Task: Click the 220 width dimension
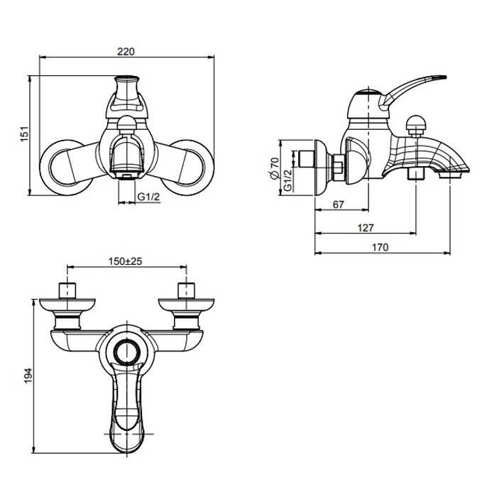pos(126,51)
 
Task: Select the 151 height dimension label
pos(23,133)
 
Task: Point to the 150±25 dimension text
pos(126,261)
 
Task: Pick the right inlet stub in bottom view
pos(185,292)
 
